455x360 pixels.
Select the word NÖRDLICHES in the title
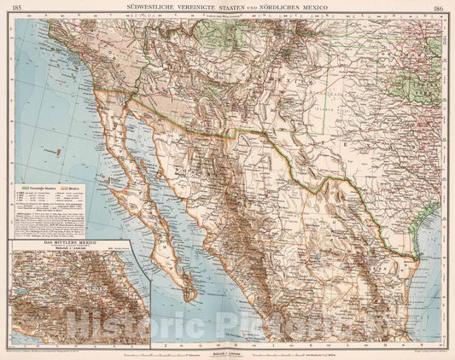point(288,6)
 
